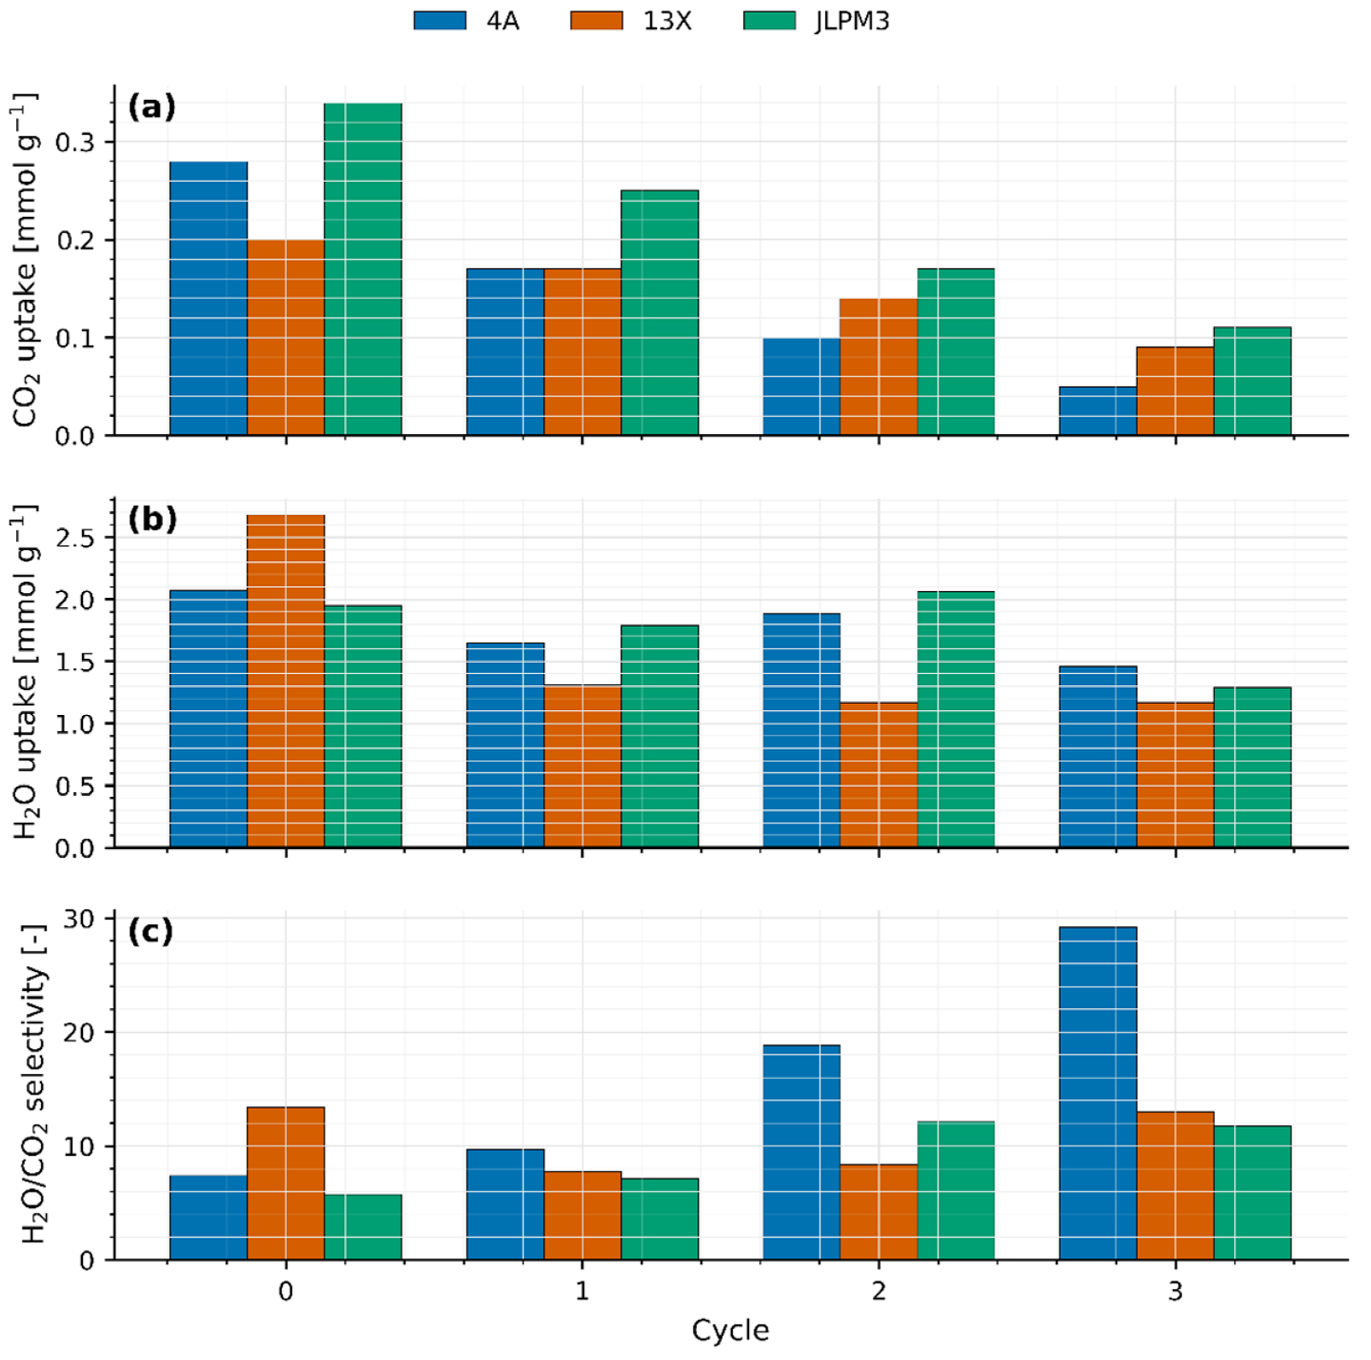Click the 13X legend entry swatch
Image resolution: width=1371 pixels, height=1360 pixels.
pos(596,21)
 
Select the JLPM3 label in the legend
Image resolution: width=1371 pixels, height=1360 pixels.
pos(852,21)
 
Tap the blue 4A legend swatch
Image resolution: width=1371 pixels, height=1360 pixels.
pos(440,21)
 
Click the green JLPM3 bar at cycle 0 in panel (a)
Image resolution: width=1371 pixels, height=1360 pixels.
pos(363,269)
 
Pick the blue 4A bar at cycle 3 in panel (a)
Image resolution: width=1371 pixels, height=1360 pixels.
pos(1098,411)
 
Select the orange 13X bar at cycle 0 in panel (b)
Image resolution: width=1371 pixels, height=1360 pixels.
pos(286,681)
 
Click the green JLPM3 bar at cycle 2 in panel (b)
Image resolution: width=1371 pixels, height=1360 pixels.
pos(956,719)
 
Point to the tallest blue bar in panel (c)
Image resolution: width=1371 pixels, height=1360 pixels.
pos(1098,1093)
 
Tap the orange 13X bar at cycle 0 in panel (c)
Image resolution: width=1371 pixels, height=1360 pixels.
pos(286,1183)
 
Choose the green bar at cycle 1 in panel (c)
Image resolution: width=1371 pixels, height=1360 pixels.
pos(659,1219)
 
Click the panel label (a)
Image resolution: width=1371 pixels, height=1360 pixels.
pos(152,108)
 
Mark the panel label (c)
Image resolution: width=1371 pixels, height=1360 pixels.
pos(150,931)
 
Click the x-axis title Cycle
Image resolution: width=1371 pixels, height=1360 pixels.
pos(730,1330)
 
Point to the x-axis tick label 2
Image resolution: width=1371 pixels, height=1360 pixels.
pos(879,1290)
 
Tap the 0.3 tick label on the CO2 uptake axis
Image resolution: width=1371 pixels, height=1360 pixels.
pos(75,143)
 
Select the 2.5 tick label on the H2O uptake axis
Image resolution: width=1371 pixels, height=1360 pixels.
pos(75,538)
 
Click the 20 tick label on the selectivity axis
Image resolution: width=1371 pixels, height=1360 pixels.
pos(79,1033)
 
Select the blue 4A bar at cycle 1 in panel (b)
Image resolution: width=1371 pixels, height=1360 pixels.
pos(506,745)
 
